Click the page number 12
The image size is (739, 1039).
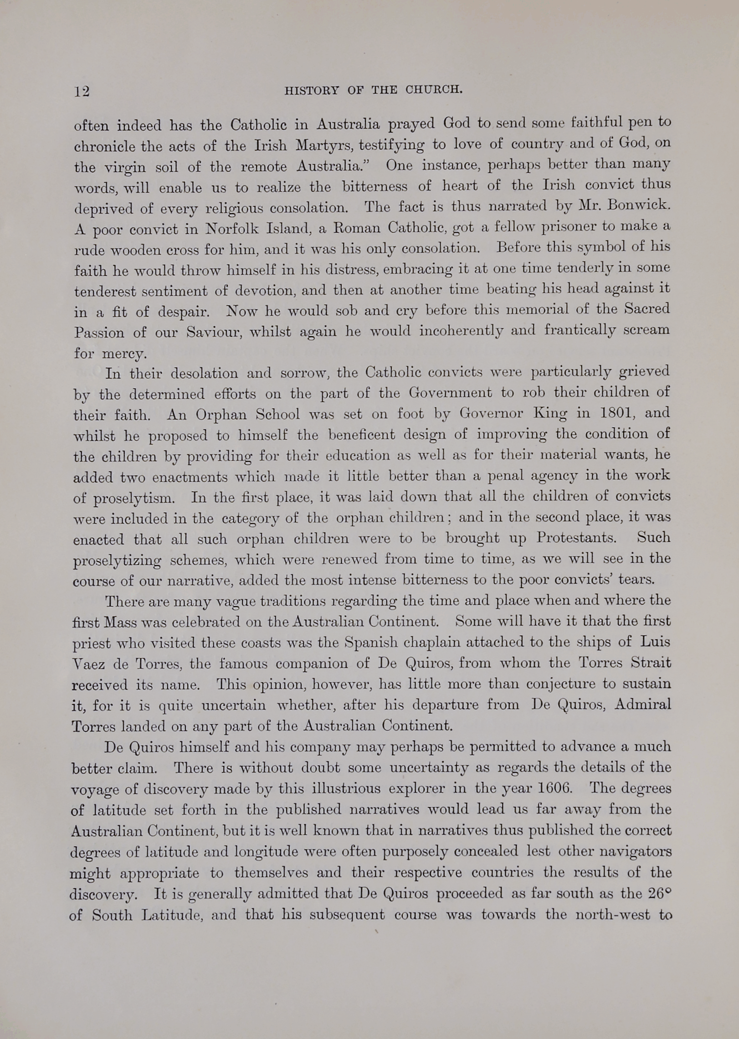point(82,92)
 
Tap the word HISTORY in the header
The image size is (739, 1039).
point(312,90)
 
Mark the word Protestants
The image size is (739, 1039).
point(576,538)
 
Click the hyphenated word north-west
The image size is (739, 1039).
point(612,915)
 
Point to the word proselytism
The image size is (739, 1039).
point(134,498)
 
